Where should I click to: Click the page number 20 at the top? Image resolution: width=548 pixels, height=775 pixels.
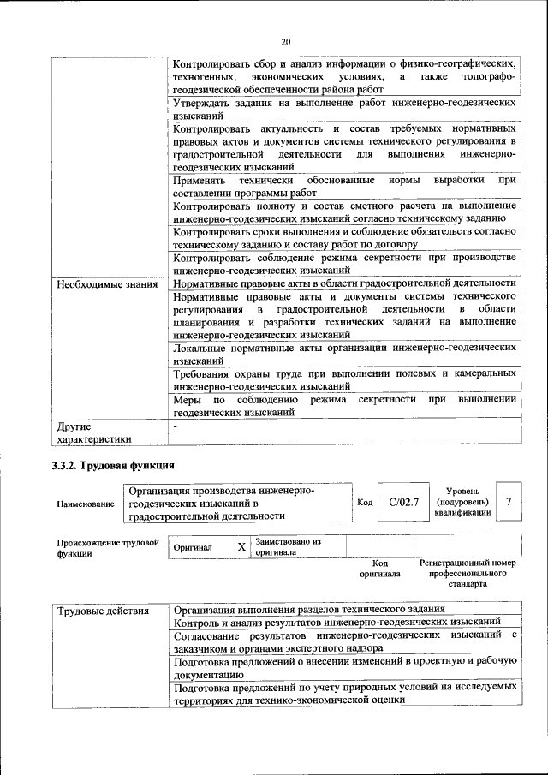[285, 41]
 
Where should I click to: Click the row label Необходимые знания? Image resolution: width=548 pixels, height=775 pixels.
[106, 283]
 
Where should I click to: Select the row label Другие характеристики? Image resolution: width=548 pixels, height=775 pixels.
[94, 432]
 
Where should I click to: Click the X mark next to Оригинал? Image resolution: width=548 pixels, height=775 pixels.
[241, 546]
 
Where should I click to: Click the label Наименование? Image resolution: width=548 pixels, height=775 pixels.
[86, 505]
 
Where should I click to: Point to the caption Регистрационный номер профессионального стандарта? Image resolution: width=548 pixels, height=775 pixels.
[468, 574]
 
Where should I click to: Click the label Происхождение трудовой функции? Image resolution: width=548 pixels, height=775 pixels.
[108, 547]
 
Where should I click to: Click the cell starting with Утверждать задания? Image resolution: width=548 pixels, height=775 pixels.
[344, 108]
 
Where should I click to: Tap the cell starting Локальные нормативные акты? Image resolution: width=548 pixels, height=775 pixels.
[344, 355]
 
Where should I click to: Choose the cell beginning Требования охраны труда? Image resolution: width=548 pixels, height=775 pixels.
[344, 380]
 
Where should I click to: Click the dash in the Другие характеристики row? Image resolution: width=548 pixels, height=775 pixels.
[176, 426]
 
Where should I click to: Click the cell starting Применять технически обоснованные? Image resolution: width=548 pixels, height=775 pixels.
[344, 187]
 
